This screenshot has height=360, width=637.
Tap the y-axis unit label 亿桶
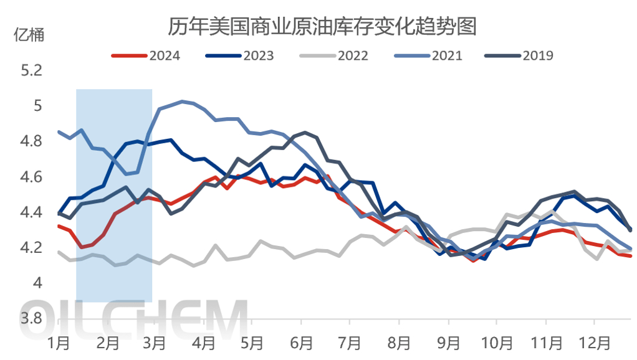(29, 36)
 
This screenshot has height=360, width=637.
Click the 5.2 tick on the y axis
(32, 70)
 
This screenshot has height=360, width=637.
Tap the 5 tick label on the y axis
(37, 106)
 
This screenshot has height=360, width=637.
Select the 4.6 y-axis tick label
(32, 177)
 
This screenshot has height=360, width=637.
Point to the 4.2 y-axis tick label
(32, 248)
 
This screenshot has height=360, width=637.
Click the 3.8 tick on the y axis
(32, 319)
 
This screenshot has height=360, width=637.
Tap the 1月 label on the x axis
(59, 342)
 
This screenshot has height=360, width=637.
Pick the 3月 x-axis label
(155, 342)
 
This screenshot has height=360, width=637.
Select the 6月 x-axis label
(301, 342)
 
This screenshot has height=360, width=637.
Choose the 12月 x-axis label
(593, 342)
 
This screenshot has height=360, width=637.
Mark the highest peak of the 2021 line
(181, 101)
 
